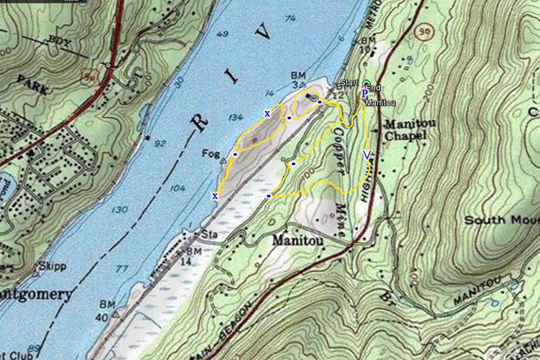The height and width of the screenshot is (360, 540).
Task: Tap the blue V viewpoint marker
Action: point(367,155)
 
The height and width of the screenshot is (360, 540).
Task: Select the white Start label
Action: point(349,82)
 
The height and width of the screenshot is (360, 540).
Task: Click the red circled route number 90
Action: point(425,31)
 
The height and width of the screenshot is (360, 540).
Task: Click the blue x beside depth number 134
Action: point(267,114)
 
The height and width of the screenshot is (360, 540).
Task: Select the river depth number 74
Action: point(290,18)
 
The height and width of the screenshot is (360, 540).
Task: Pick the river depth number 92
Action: point(160,143)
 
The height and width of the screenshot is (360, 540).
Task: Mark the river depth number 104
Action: point(177,188)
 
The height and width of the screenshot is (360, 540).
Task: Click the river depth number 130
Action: point(119,209)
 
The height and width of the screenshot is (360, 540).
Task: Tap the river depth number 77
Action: point(122,269)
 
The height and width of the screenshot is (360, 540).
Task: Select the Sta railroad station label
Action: point(208,235)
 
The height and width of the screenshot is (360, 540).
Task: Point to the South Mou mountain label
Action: point(501,220)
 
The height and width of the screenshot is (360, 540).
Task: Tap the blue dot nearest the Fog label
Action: point(235,154)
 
